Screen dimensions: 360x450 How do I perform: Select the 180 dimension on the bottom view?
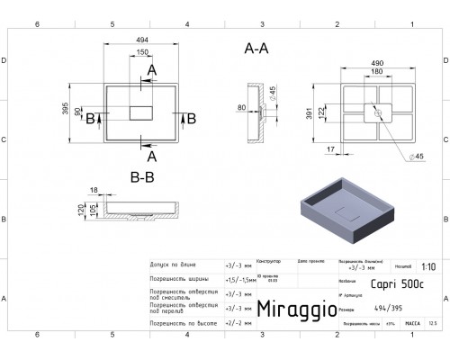click(x=370, y=73)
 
